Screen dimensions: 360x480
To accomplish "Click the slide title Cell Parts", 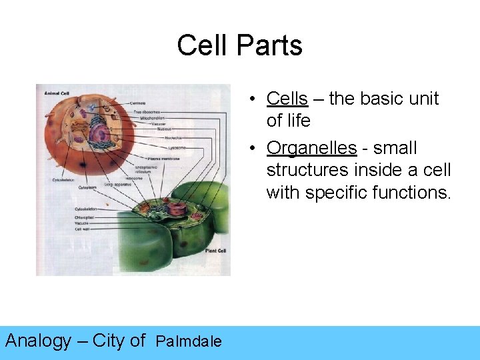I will click(x=239, y=46).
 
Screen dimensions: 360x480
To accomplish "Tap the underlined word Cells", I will click(x=287, y=99).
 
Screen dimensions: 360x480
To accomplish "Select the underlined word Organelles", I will click(x=311, y=147).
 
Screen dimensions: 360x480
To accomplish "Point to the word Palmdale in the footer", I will click(x=188, y=342).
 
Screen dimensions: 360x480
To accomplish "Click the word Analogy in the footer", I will click(x=38, y=341).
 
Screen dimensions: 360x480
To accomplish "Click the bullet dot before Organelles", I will click(x=255, y=147).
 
